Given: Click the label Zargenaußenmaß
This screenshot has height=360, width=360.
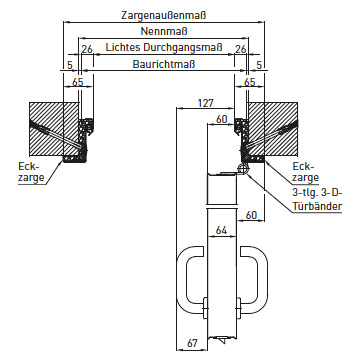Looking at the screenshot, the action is point(164,15).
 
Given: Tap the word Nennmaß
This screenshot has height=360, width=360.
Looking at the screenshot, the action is point(164,31).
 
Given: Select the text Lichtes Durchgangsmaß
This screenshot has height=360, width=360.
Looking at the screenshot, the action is point(164,47).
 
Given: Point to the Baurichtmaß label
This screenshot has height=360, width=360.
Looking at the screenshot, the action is point(164,64).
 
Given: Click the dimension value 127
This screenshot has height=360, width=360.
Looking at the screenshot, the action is point(205,103).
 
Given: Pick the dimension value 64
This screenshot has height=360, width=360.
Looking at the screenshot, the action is point(221,230).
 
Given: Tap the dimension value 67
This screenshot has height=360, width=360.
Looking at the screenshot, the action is point(192,343).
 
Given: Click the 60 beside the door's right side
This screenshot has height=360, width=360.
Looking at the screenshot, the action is point(251,215).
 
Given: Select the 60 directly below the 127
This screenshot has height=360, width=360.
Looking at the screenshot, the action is point(222,119).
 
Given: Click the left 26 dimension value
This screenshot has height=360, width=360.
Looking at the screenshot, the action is point(87,49).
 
